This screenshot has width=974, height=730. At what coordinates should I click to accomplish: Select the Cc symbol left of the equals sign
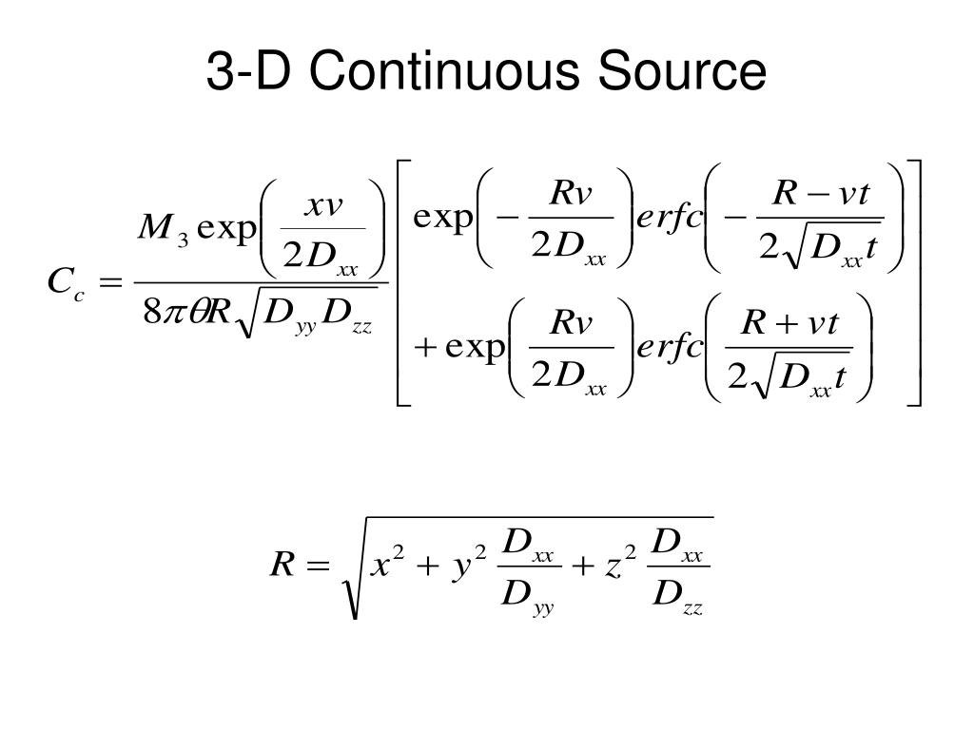(65, 282)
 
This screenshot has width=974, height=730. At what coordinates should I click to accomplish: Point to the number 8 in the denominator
(151, 314)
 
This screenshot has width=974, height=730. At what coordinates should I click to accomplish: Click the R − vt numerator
(820, 195)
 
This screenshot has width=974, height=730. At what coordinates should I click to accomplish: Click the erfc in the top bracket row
(669, 220)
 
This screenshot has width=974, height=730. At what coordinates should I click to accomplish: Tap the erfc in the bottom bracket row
(669, 349)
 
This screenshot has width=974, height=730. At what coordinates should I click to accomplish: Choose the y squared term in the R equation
(467, 567)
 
